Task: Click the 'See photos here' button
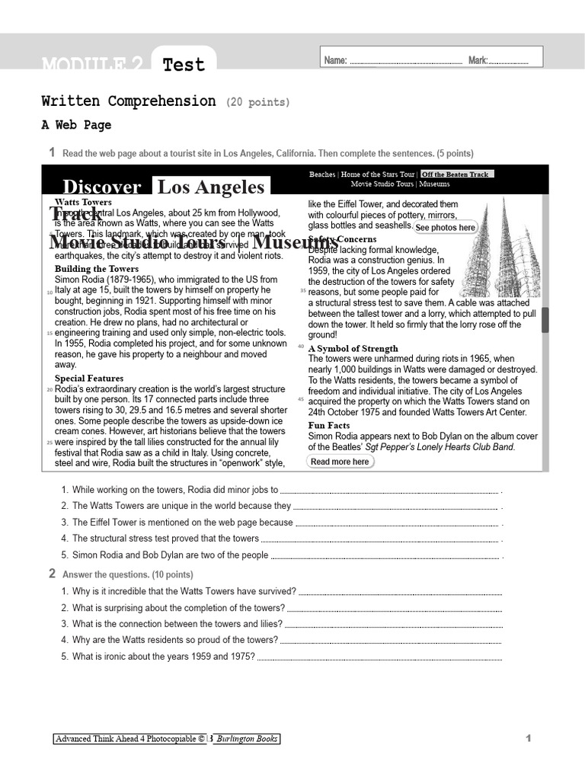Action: pyautogui.click(x=445, y=227)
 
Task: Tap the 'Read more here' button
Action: pyautogui.click(x=340, y=462)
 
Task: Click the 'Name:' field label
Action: pyautogui.click(x=336, y=60)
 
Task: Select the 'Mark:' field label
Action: pyautogui.click(x=478, y=60)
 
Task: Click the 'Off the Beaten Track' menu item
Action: pyautogui.click(x=456, y=174)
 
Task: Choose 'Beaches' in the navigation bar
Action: pyautogui.click(x=321, y=174)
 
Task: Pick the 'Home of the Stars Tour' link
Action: pyautogui.click(x=378, y=174)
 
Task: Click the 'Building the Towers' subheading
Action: pyautogui.click(x=97, y=269)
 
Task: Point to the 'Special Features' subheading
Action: pyautogui.click(x=89, y=379)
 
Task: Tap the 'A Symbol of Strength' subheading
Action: pyautogui.click(x=353, y=349)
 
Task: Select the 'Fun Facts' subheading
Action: pyautogui.click(x=329, y=426)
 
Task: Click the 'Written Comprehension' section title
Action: pyautogui.click(x=129, y=101)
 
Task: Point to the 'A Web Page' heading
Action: pyautogui.click(x=76, y=125)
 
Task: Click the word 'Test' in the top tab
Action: pyautogui.click(x=184, y=65)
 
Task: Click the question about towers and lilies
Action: pyautogui.click(x=167, y=624)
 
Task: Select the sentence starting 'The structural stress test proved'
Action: pyautogui.click(x=165, y=539)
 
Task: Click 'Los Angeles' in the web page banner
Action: pyautogui.click(x=210, y=187)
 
